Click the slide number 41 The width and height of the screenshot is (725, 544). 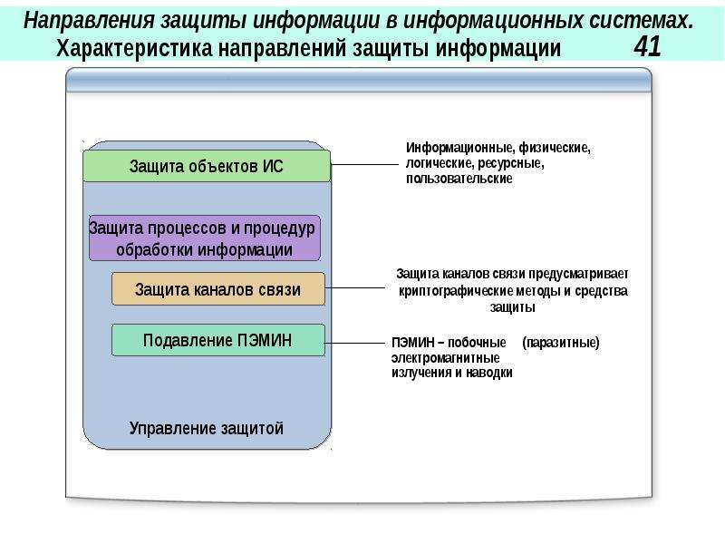tap(647, 47)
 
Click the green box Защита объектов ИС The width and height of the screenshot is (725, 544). tap(207, 167)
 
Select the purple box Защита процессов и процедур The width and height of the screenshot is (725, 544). tap(204, 238)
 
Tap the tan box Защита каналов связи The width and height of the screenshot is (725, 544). tap(217, 289)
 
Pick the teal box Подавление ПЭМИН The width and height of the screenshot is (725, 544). tap(217, 340)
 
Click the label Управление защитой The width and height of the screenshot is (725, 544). tap(206, 428)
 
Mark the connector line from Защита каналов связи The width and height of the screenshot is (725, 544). tap(355, 289)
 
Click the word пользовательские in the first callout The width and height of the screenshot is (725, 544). tap(459, 180)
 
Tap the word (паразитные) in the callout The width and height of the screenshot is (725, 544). tap(561, 343)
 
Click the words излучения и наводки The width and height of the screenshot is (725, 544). tap(451, 373)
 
